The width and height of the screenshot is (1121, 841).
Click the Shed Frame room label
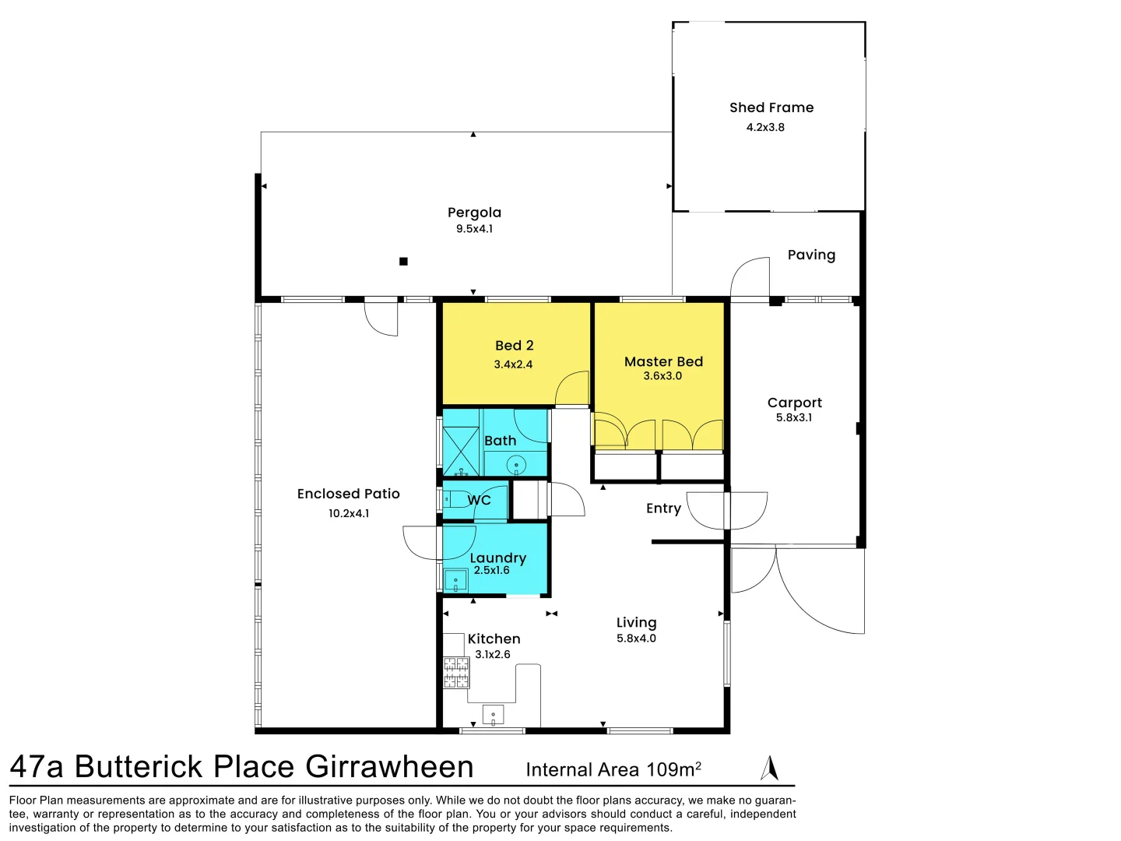click(x=771, y=107)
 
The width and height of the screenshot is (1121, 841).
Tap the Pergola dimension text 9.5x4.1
click(x=474, y=229)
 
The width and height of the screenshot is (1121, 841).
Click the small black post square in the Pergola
click(x=403, y=262)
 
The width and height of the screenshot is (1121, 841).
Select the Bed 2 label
click(x=514, y=346)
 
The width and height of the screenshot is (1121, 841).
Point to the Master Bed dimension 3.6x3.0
click(x=662, y=376)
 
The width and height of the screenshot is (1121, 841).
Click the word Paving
click(x=811, y=255)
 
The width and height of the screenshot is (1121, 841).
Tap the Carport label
click(x=794, y=403)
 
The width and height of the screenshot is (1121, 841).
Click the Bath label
click(x=500, y=441)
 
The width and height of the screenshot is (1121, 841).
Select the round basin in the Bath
click(x=516, y=466)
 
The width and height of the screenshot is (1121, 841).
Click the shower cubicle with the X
click(x=461, y=451)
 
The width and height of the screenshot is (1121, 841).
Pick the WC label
click(x=479, y=500)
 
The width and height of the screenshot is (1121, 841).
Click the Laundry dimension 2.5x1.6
click(x=492, y=570)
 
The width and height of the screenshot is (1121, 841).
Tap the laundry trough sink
click(x=455, y=581)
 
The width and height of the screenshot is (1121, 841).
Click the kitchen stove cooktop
click(x=456, y=673)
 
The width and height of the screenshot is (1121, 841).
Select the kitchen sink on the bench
click(x=493, y=714)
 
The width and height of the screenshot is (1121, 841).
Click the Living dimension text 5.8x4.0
click(x=636, y=639)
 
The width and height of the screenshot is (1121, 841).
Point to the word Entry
click(x=663, y=508)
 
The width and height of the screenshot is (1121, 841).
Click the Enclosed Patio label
click(x=348, y=494)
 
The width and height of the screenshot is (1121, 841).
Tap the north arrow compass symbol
click(x=769, y=768)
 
